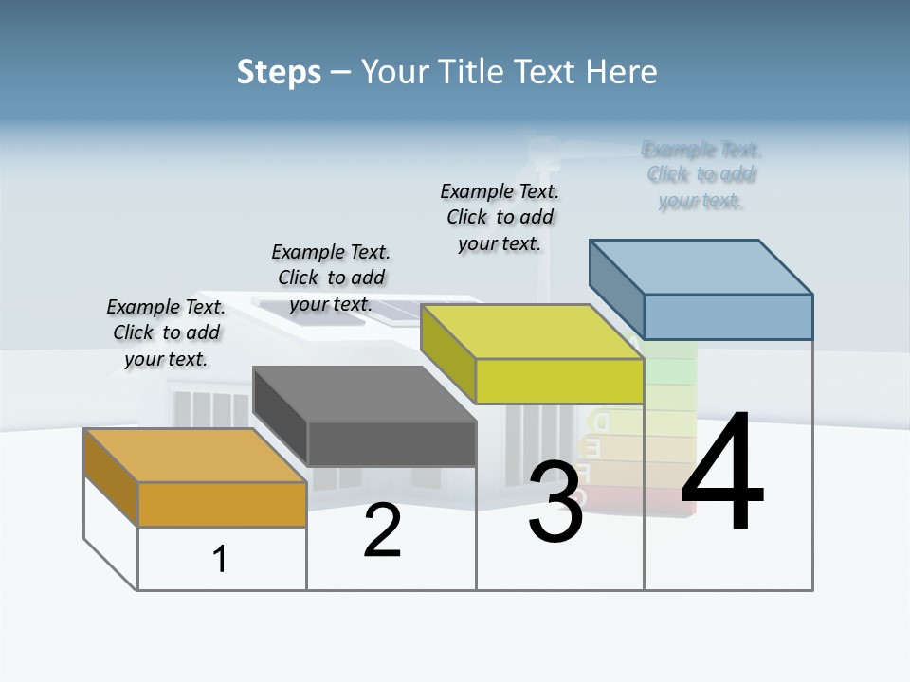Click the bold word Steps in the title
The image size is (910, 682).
279,72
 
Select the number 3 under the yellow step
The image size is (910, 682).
555,503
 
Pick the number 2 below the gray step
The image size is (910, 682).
383,531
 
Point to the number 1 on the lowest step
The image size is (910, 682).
220,559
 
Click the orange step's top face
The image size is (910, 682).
194,456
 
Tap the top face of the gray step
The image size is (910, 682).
365,394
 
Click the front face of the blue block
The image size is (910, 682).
728,316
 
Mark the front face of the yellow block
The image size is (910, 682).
559,381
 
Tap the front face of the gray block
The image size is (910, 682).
391,443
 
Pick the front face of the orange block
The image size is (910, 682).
222,504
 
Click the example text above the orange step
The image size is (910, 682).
167,333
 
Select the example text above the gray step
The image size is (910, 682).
331,278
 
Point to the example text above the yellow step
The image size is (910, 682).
500,217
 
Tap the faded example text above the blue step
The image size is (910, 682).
701,175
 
